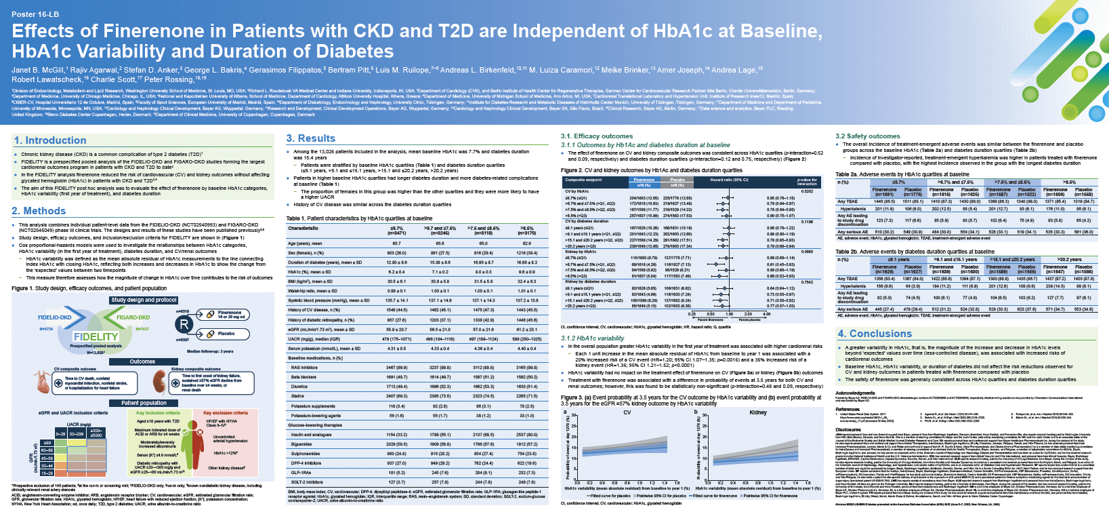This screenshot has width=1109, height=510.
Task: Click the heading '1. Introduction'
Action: coord(51,140)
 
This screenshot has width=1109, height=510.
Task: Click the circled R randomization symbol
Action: coord(184,324)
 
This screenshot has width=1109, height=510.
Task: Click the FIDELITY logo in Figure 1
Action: coord(96,336)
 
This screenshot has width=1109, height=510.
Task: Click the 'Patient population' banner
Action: coord(144,403)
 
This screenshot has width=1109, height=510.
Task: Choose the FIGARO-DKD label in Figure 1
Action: coord(133,317)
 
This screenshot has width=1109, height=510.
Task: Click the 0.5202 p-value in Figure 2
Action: coord(807,191)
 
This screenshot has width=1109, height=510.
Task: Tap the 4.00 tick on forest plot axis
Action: coord(767,314)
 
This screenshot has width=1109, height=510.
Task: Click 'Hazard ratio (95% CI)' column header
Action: coord(729,180)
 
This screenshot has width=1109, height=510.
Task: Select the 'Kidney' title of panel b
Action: coord(757,412)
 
